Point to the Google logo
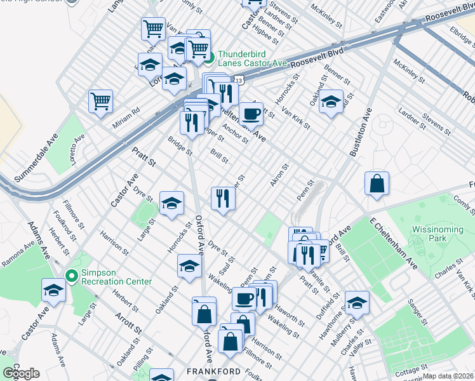tap(20, 373)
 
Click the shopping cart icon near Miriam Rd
tap(101, 101)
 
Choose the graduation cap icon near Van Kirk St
tap(331, 102)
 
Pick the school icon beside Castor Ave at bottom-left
tap(54, 290)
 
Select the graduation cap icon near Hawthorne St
tap(357, 303)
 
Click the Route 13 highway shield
tap(237, 80)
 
